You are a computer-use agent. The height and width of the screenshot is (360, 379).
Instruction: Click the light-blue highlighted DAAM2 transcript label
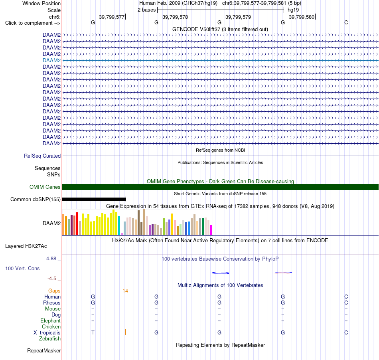click(51, 60)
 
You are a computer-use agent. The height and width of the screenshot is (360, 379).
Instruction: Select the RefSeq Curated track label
click(42, 156)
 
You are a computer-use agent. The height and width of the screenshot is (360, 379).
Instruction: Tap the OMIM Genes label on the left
click(45, 187)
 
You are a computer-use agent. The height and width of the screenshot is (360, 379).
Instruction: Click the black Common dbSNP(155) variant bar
click(94, 200)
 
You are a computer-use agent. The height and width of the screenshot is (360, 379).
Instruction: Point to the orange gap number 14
click(125, 291)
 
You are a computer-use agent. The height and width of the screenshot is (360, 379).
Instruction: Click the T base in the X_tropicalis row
click(93, 333)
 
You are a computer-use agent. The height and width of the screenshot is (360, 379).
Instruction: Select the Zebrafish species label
click(50, 339)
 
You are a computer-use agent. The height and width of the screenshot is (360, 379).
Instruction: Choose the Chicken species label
click(51, 326)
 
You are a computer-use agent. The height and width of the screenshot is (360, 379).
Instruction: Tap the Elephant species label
click(51, 321)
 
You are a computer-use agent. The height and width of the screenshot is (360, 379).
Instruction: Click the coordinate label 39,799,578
click(175, 17)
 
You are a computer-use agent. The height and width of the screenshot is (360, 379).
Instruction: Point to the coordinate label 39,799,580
click(302, 17)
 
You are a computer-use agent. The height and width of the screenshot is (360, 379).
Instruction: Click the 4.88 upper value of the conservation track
click(51, 259)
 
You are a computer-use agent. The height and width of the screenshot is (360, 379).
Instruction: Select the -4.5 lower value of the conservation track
click(52, 279)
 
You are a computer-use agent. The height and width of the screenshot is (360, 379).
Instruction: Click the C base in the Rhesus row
click(346, 303)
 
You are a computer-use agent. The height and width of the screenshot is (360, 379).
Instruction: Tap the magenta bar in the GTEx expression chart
click(211, 230)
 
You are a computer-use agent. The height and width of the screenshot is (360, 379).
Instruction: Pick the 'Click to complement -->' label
click(33, 23)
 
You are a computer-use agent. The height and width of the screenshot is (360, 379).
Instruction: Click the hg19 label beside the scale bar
click(293, 10)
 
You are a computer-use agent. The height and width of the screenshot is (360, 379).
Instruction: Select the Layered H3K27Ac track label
click(26, 246)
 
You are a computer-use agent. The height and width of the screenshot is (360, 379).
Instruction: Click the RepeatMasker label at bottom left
click(44, 350)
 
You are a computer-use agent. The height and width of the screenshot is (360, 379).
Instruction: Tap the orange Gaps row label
click(54, 291)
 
